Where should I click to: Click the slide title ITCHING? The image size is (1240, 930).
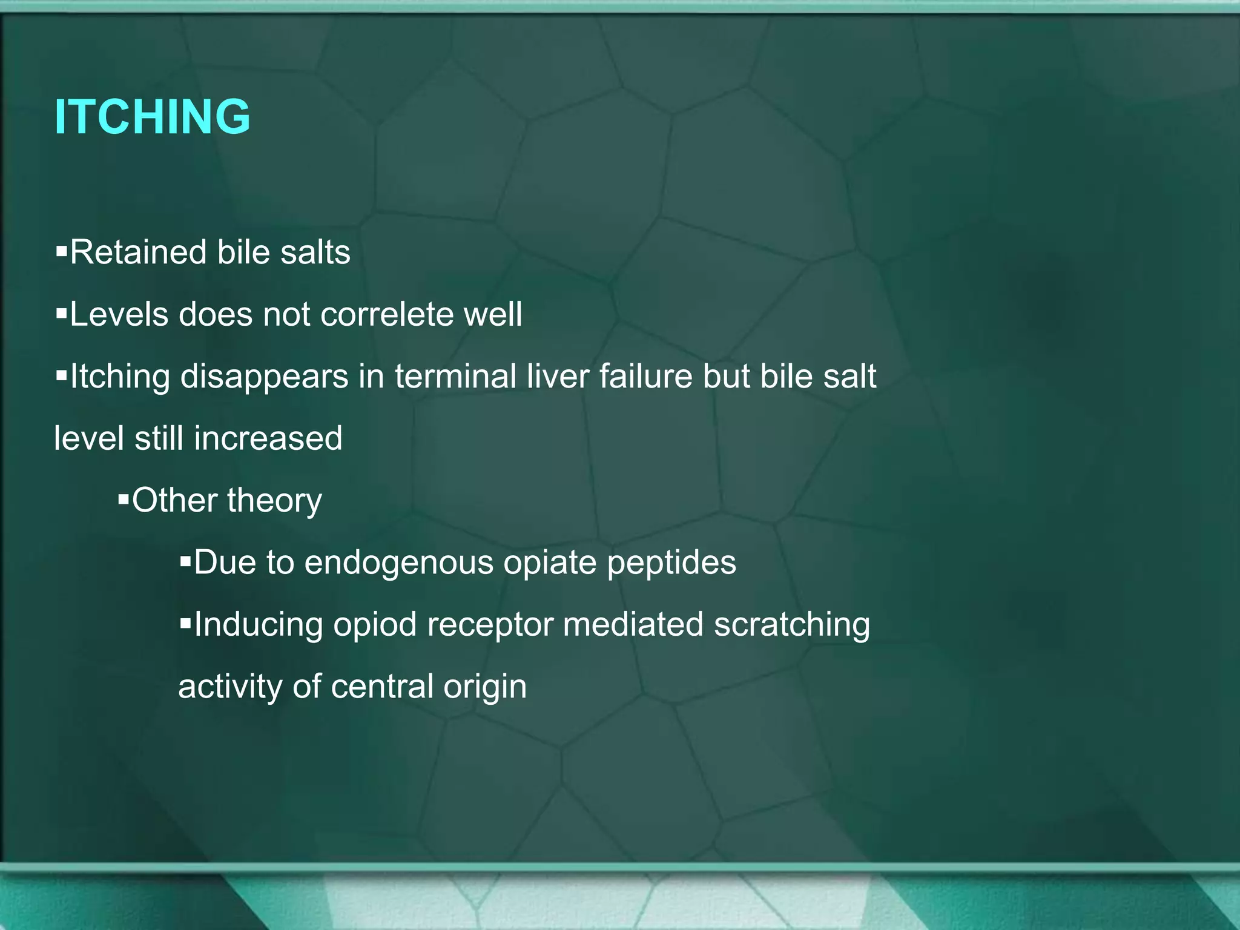tap(152, 116)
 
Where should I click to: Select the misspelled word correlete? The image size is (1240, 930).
tap(386, 314)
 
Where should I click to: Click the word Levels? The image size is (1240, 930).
tap(119, 314)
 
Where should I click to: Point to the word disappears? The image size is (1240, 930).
tap(264, 377)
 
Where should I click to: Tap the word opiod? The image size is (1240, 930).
tap(375, 625)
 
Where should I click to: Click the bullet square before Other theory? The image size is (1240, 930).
tap(124, 500)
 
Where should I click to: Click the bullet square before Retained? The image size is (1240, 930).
tap(61, 251)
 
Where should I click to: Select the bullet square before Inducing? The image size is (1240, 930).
tap(185, 623)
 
